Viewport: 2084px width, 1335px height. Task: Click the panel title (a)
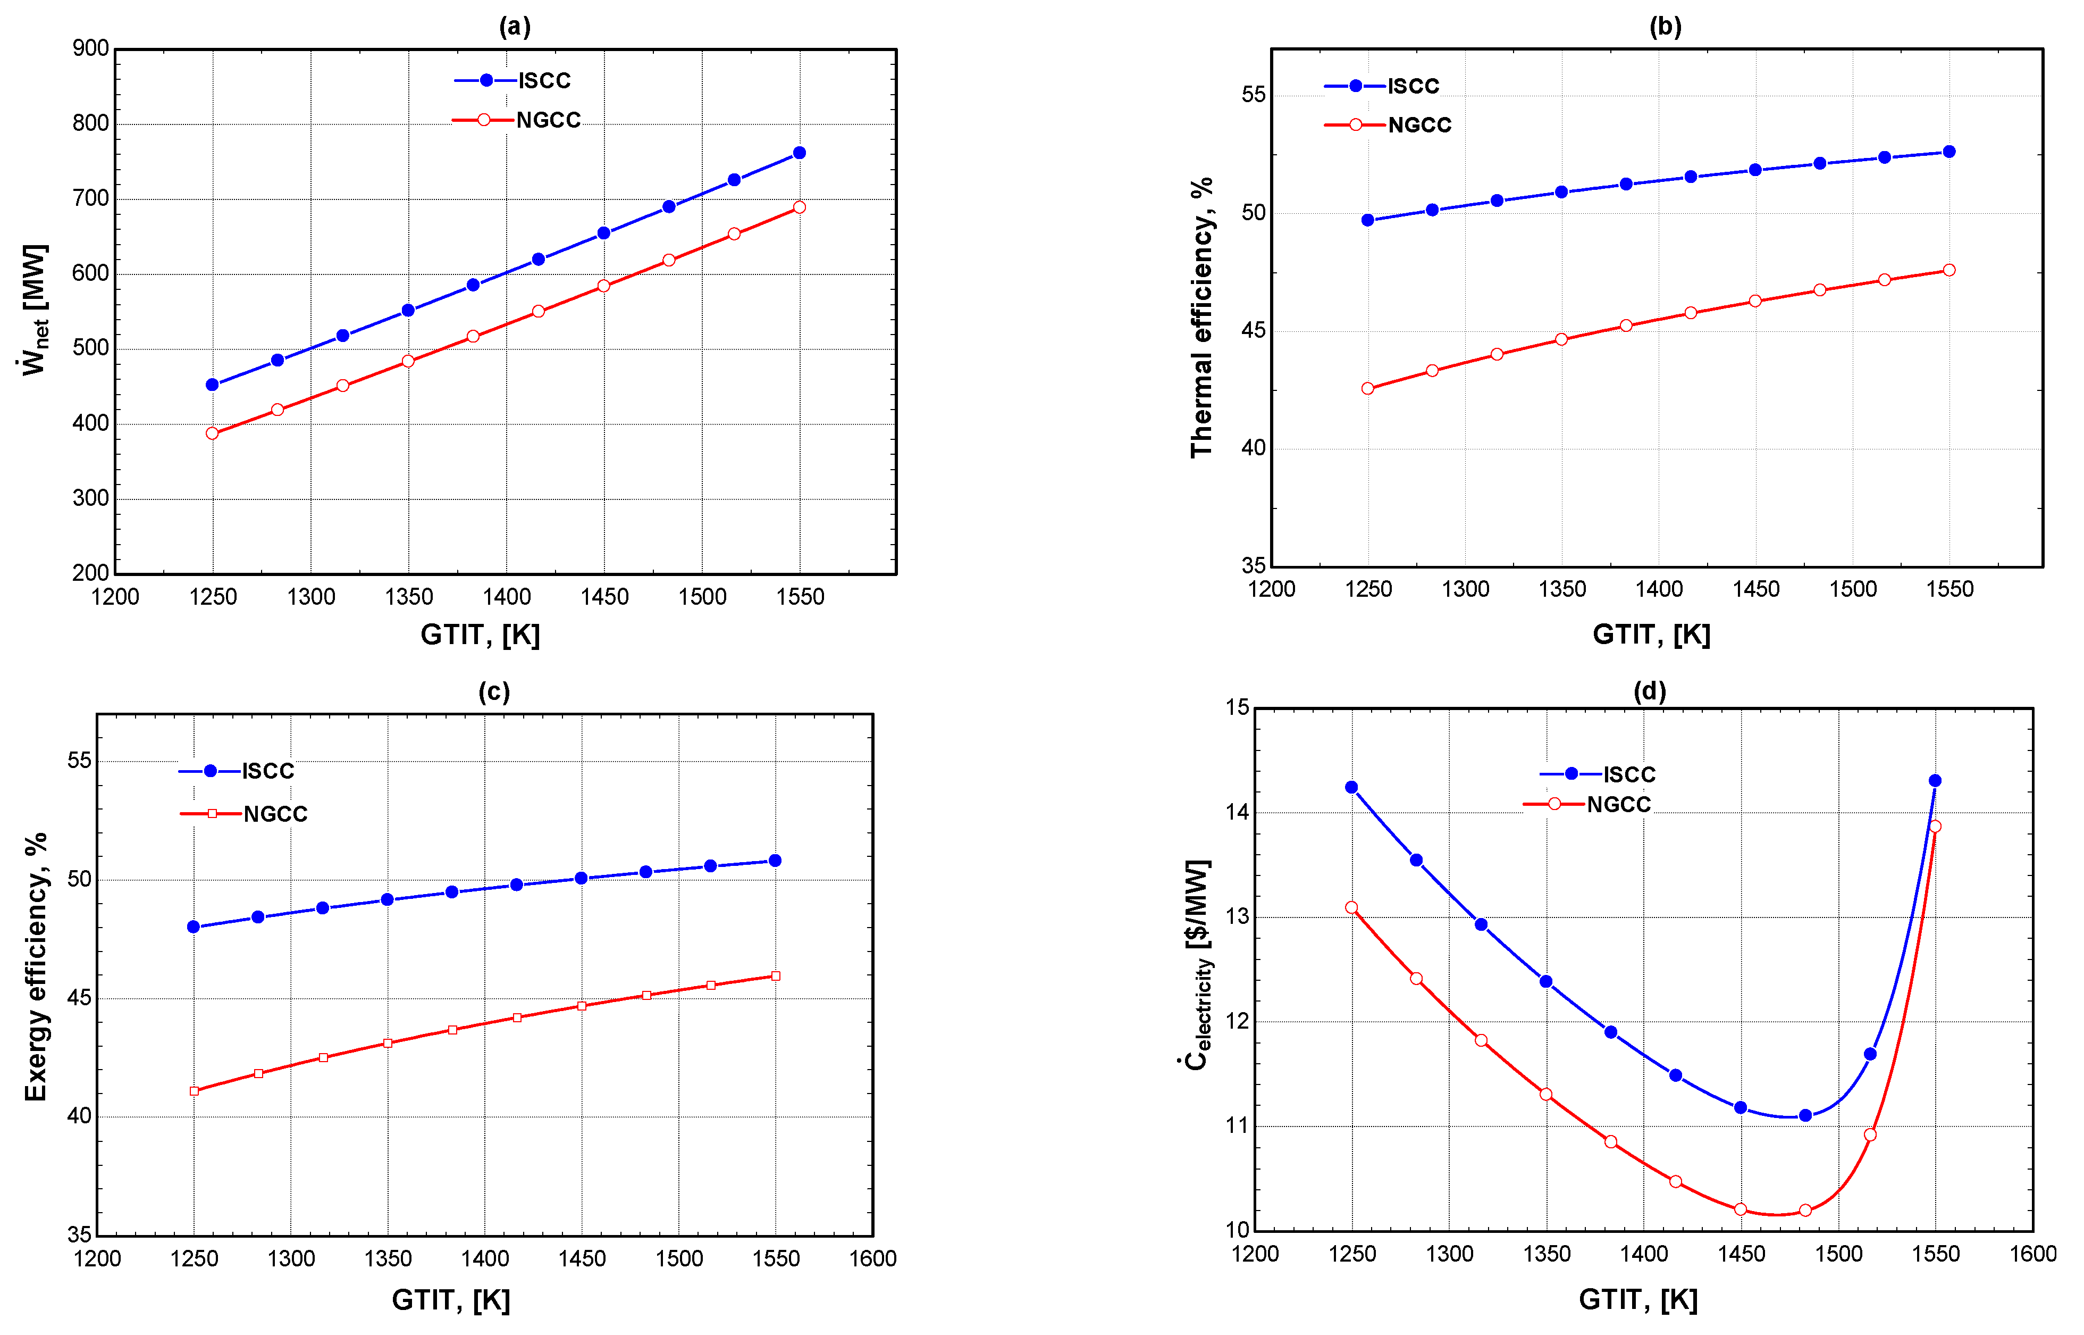[515, 27]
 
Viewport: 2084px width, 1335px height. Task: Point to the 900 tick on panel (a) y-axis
[91, 48]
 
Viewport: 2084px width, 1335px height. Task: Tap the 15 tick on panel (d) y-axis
[1238, 707]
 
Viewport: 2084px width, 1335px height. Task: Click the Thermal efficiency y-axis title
[1201, 318]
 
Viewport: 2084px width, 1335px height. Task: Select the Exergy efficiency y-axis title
[36, 967]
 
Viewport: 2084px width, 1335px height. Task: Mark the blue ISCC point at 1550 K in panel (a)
[799, 153]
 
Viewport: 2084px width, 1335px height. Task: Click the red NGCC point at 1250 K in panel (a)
[212, 433]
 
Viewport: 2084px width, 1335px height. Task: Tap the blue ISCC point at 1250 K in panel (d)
[1351, 787]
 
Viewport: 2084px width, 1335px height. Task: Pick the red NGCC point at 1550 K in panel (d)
[1935, 826]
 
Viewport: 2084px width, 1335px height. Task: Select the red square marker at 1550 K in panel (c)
[776, 976]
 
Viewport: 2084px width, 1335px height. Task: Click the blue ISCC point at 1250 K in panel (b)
[1367, 220]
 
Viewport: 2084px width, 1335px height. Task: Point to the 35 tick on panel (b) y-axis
[1253, 566]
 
